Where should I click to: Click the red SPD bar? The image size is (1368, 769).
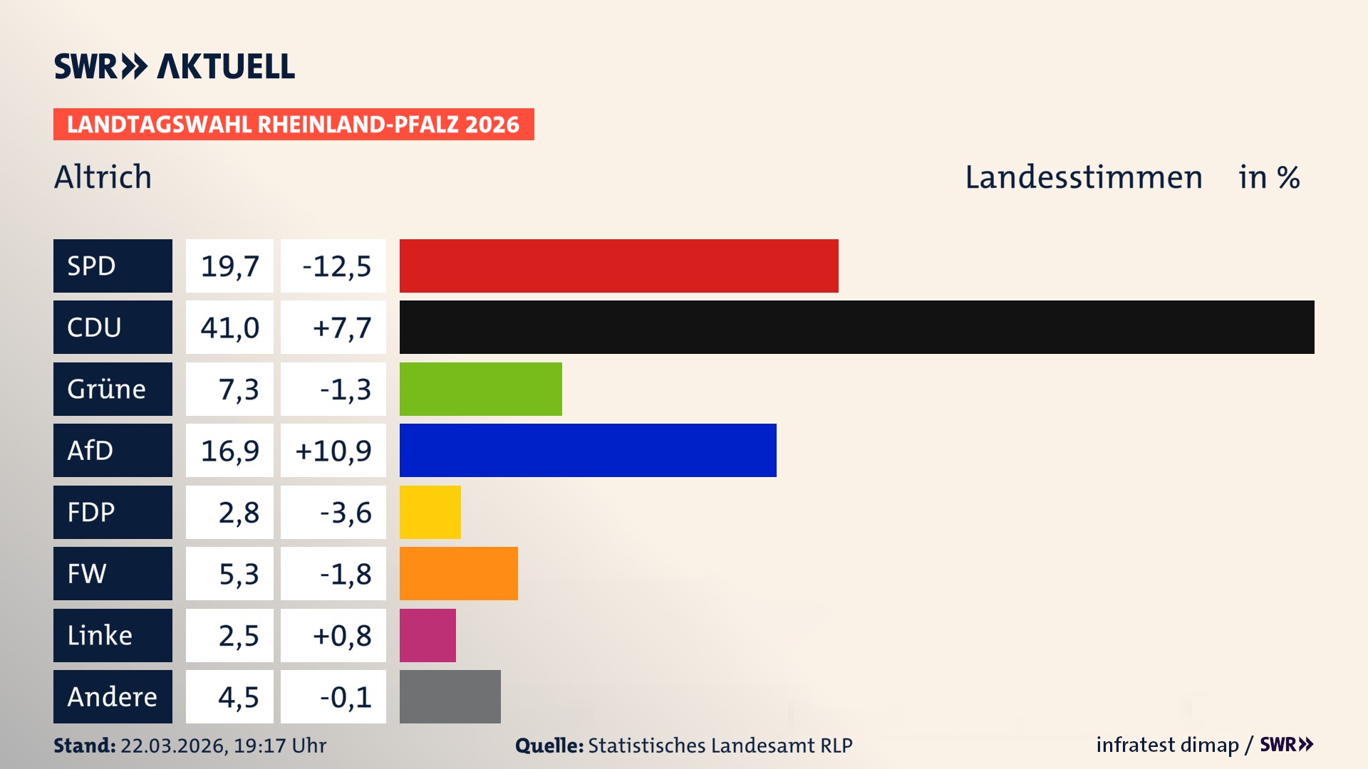tap(618, 266)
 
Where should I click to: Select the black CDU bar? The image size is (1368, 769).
tap(856, 327)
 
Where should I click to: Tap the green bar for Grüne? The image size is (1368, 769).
tap(480, 389)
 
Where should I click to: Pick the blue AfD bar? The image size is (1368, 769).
tap(588, 450)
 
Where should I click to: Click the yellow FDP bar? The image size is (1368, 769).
tap(430, 512)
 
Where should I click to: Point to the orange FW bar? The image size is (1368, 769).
tap(458, 573)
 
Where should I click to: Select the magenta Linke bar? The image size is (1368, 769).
tap(427, 635)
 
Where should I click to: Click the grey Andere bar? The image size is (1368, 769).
tap(450, 696)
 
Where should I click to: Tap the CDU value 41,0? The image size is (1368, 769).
tap(229, 328)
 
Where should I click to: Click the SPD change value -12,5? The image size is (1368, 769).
tap(336, 266)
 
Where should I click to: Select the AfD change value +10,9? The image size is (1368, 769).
tap(333, 451)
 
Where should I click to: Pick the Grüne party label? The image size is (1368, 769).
tap(107, 389)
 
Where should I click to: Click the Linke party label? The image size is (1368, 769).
tap(100, 635)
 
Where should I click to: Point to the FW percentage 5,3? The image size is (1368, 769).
tap(239, 574)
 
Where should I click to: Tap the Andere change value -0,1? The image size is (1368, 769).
tap(346, 697)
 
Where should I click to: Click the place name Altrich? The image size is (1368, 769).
tap(103, 177)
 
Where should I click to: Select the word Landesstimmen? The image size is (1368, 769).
tap(1083, 177)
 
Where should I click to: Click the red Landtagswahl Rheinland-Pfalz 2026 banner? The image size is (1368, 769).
tap(294, 124)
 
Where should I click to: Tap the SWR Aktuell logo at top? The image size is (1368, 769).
tap(175, 66)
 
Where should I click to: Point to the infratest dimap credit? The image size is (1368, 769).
tap(1167, 745)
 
